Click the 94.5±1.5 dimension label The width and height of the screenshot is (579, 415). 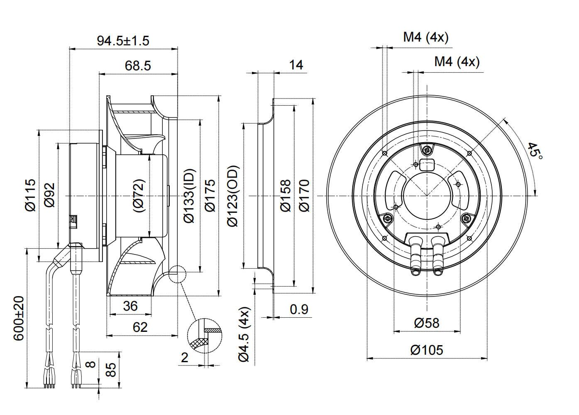pyautogui.click(x=123, y=41)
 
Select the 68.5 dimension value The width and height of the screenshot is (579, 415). pyautogui.click(x=138, y=66)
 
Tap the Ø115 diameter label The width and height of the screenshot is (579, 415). pyautogui.click(x=30, y=195)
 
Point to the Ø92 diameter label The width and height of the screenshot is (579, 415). pyautogui.click(x=49, y=195)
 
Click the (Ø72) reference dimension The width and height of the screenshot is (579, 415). pyautogui.click(x=139, y=195)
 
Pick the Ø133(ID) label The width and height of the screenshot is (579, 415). pyautogui.click(x=189, y=196)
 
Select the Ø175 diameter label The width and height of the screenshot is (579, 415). pyautogui.click(x=210, y=195)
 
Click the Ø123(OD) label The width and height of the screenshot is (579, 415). pyautogui.click(x=233, y=196)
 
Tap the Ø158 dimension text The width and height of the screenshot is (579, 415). pyautogui.click(x=286, y=195)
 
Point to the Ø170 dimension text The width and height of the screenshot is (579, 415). pyautogui.click(x=304, y=195)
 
